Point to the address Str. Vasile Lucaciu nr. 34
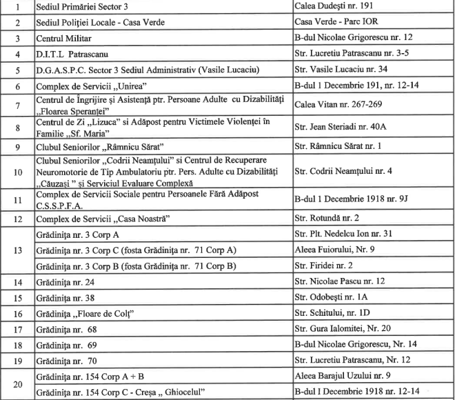point(341,70)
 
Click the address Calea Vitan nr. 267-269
point(335,106)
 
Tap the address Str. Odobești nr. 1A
point(334,298)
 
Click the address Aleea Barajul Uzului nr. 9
point(343,377)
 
